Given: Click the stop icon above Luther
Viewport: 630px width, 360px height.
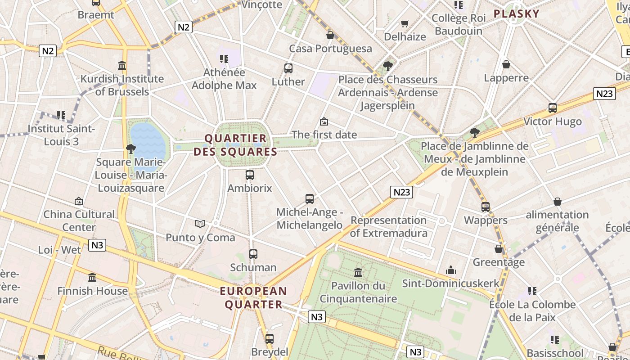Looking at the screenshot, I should point(288,68).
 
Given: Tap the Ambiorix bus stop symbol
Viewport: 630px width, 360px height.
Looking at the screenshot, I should point(250,175).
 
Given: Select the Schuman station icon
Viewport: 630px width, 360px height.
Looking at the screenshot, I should point(253,254).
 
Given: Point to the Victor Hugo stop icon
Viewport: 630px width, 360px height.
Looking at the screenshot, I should point(553,108).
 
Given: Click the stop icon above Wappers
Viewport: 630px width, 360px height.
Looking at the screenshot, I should point(486,207).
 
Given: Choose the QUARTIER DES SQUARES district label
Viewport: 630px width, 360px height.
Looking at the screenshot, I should point(235,144).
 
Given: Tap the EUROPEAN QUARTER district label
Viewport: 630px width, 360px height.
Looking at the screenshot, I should point(253,298).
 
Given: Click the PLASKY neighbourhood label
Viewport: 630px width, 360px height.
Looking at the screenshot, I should point(516,13).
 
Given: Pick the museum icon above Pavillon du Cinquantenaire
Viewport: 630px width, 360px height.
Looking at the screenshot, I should point(358,272).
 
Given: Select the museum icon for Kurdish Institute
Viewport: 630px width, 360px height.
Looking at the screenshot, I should point(122,65).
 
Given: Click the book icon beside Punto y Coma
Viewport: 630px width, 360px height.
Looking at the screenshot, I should point(200,224).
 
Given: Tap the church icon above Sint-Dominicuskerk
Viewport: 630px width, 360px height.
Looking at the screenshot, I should point(451,270).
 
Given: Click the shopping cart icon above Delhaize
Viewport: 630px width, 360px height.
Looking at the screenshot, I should point(405,23).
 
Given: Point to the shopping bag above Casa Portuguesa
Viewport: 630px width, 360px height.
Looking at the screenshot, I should point(330,35).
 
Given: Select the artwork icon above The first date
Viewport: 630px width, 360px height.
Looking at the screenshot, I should point(324,121).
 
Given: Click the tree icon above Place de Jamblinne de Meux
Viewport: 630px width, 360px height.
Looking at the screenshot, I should point(474,132).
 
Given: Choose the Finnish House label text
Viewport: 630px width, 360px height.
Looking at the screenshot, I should point(93,291).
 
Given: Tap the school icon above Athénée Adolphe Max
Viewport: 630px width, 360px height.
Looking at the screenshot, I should point(224,59).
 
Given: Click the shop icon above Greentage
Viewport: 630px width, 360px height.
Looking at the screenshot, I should point(499,249).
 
